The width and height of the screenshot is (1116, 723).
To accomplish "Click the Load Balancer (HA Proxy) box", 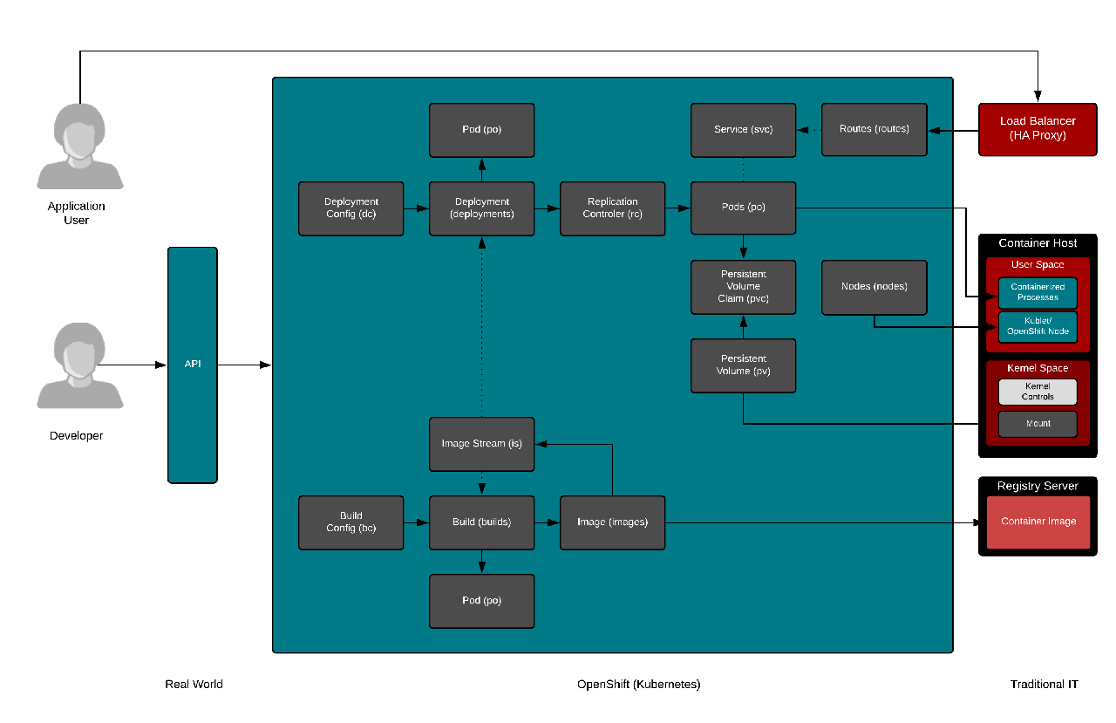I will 1038,130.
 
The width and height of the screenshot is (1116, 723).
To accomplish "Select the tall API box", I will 193,365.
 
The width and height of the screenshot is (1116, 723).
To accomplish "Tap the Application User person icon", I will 79,146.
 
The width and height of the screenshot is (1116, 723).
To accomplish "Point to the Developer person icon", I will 79,365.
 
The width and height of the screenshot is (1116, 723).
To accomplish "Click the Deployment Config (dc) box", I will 350,208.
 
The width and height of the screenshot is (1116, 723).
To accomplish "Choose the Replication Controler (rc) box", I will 612,208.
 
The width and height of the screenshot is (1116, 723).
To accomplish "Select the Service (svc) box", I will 743,130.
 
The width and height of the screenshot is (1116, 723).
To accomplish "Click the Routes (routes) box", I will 874,130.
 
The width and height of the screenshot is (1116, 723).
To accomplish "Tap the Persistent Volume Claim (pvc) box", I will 743,287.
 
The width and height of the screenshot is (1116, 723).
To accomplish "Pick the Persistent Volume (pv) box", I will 743,365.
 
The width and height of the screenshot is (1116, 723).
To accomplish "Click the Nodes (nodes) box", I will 874,287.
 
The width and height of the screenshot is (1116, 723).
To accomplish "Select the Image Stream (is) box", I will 481,444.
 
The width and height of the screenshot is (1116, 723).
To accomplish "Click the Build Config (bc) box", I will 350,522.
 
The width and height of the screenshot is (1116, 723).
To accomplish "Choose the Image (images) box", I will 612,522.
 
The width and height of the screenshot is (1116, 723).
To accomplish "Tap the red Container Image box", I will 1038,522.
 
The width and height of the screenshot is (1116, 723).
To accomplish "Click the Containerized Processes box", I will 1038,292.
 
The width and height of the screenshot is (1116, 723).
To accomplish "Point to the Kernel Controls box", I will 1038,392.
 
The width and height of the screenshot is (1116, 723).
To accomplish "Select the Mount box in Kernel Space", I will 1038,424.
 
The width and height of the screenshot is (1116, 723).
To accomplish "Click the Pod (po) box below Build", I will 481,601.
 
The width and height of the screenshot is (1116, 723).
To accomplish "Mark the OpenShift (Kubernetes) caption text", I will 638,685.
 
